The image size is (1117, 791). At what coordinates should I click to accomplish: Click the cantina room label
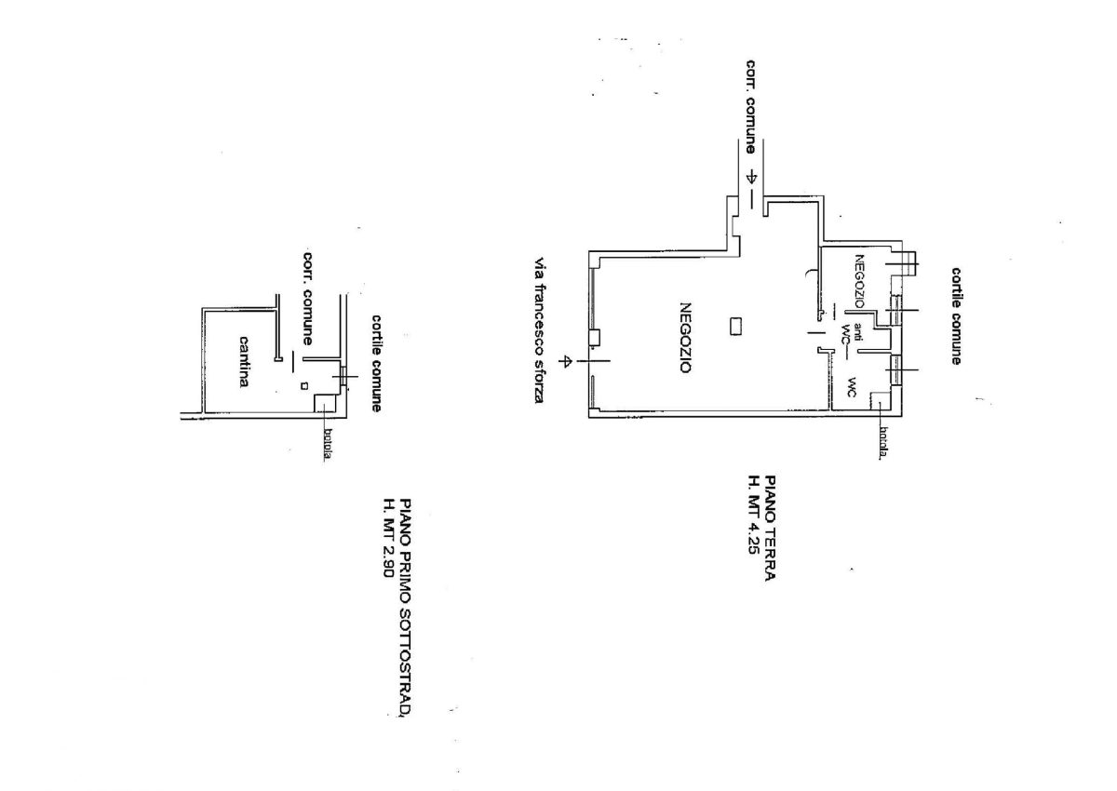pyautogui.click(x=244, y=362)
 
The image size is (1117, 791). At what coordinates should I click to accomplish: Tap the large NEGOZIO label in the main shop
pyautogui.click(x=686, y=338)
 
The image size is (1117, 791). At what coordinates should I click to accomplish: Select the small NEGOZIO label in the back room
pyautogui.click(x=859, y=281)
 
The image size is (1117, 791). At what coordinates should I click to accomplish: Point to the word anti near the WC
pyautogui.click(x=857, y=332)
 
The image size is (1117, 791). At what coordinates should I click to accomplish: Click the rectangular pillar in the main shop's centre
pyautogui.click(x=735, y=327)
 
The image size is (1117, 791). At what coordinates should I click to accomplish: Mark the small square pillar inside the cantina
pyautogui.click(x=304, y=386)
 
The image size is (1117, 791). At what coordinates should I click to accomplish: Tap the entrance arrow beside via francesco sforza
pyautogui.click(x=566, y=360)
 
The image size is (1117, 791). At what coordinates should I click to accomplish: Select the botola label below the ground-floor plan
pyautogui.click(x=884, y=442)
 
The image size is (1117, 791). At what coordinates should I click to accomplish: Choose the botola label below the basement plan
pyautogui.click(x=328, y=445)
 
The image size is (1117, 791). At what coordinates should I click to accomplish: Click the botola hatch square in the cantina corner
pyautogui.click(x=324, y=403)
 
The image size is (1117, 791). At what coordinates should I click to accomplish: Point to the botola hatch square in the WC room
pyautogui.click(x=880, y=400)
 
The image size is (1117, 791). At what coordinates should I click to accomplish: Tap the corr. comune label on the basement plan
pyautogui.click(x=308, y=299)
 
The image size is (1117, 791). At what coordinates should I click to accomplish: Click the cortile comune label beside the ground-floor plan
pyautogui.click(x=956, y=316)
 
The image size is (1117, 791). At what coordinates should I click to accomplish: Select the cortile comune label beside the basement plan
pyautogui.click(x=376, y=363)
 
